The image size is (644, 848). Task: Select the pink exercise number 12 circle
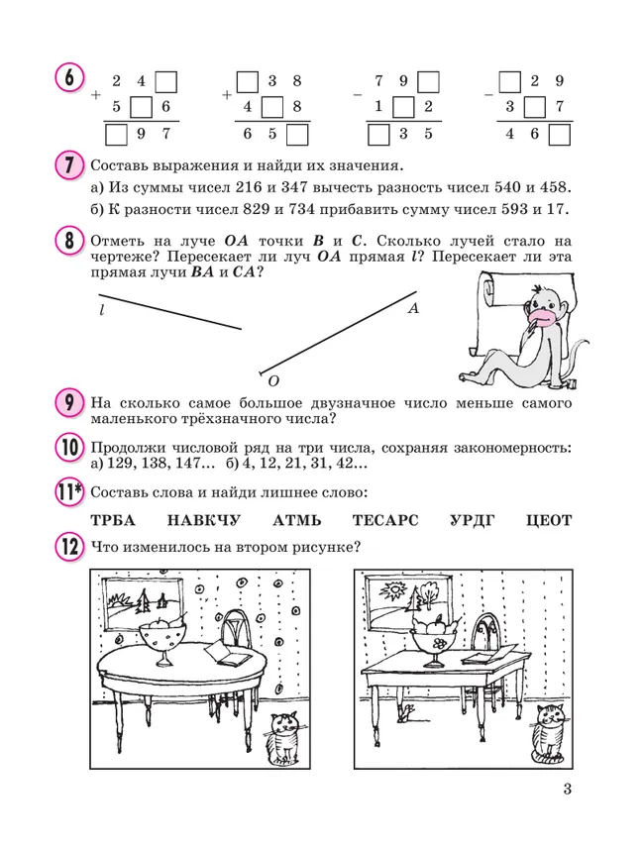point(68,546)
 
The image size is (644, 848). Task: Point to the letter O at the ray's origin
point(273,381)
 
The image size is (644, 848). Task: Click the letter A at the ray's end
point(413,309)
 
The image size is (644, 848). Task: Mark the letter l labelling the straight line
point(101,310)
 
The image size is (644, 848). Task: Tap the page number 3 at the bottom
point(567,789)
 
